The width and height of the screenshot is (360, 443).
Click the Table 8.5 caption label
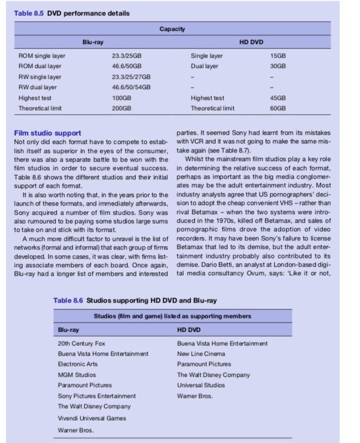[29, 13]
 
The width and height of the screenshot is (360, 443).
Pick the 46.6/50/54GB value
[132, 87]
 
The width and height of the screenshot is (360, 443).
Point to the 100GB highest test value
[122, 98]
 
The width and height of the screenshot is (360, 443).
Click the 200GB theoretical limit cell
[122, 108]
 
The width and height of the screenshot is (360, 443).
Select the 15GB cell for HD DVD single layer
[278, 56]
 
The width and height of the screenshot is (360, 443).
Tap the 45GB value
[278, 98]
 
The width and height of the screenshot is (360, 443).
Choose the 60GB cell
[278, 108]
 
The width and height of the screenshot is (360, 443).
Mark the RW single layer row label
[40, 76]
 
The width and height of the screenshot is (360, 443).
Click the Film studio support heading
[47, 133]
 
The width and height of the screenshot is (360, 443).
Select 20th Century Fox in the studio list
[82, 344]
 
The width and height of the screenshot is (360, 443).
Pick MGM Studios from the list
[77, 374]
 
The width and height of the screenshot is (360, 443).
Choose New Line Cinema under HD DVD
[201, 354]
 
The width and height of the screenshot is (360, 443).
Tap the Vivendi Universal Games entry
[92, 418]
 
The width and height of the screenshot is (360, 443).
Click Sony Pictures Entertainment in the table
[97, 396]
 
